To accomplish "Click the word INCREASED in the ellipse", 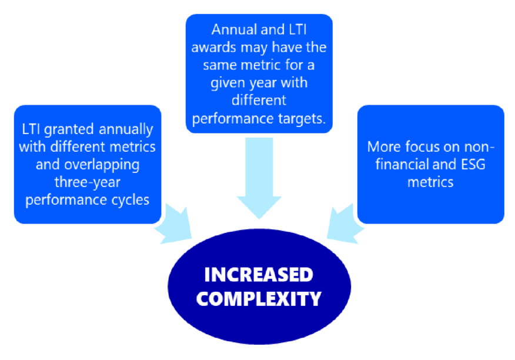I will [x=259, y=274].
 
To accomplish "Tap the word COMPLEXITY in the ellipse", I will [x=259, y=299].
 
